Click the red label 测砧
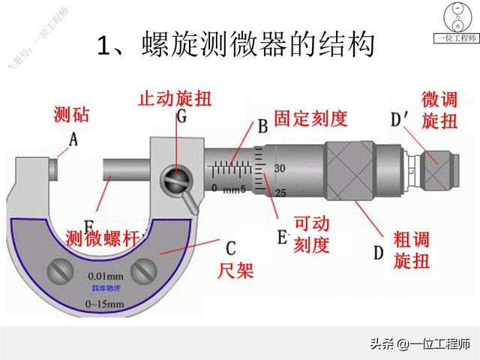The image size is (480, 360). click(x=73, y=115)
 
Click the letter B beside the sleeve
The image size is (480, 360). click(x=262, y=127)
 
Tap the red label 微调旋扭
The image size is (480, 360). click(x=439, y=109)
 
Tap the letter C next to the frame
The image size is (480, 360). click(x=231, y=247)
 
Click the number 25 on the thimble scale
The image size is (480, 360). click(x=280, y=193)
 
